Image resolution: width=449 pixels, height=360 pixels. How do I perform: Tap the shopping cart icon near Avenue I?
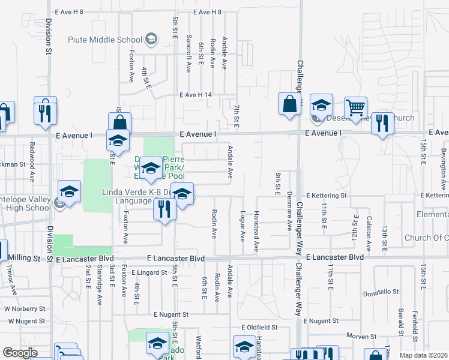(355, 108)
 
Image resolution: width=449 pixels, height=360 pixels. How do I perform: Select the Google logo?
(20, 353)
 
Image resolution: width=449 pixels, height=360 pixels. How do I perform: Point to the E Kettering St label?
(326, 196)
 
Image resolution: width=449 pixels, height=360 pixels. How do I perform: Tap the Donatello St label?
(381, 292)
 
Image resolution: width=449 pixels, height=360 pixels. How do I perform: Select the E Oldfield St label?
(259, 328)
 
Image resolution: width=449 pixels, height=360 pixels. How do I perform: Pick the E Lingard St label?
(149, 272)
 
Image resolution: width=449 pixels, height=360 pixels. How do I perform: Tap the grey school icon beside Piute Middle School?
(151, 40)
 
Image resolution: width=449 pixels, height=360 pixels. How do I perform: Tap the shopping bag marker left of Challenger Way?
(289, 104)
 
